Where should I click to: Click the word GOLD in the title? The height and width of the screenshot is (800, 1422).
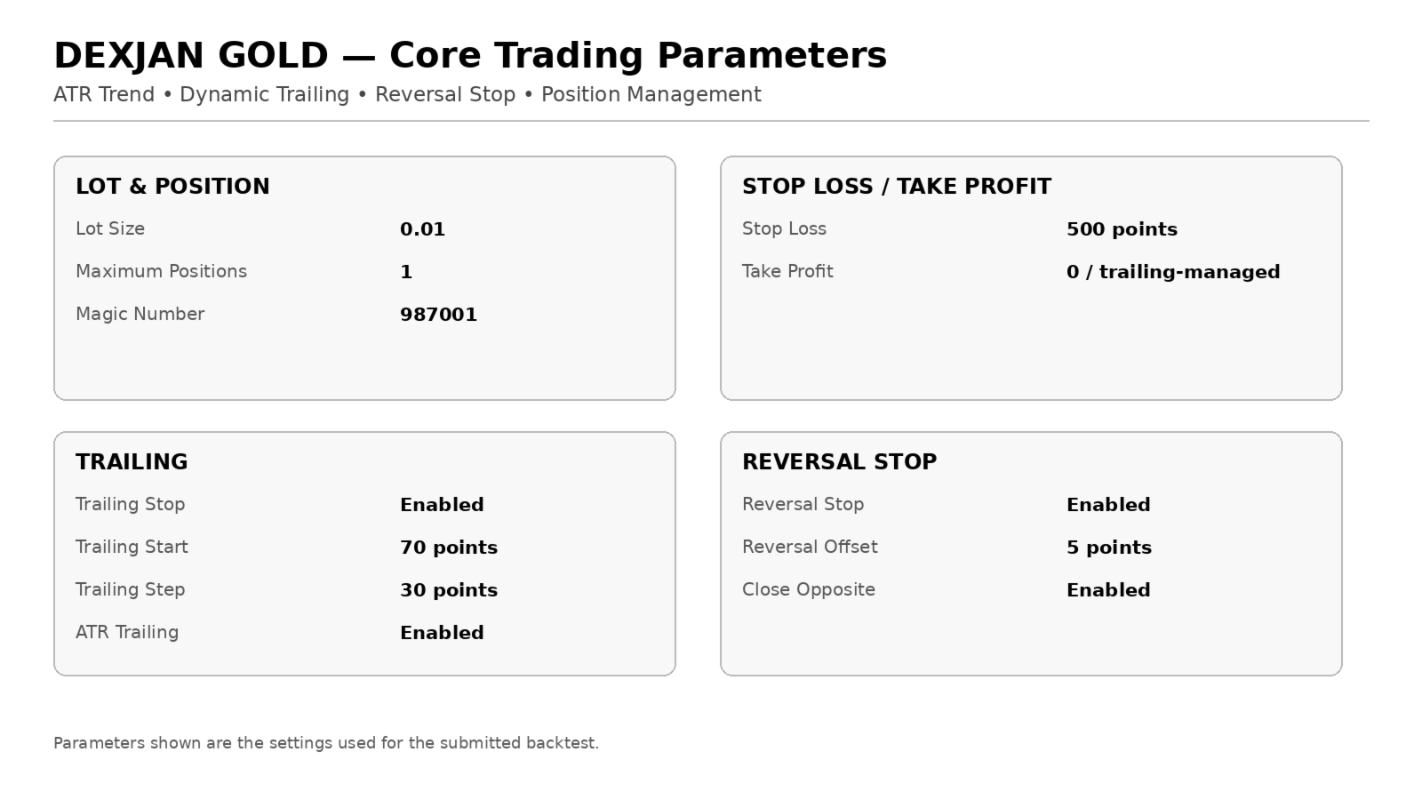[273, 55]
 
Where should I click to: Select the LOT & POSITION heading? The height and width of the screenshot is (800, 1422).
[172, 186]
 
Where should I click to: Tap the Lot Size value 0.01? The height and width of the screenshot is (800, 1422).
[422, 229]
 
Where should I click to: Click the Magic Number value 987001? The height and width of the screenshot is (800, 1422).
[438, 315]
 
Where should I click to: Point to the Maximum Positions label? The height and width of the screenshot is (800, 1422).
[161, 271]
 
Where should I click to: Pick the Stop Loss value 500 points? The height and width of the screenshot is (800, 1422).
[1122, 229]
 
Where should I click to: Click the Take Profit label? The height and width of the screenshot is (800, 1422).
[787, 271]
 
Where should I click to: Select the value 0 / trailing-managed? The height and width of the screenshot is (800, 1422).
[1173, 272]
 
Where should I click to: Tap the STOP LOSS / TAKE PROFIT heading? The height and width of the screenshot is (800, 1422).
[897, 186]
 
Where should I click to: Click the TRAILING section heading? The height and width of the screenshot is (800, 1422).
[132, 461]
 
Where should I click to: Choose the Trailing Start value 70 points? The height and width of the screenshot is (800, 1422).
[449, 548]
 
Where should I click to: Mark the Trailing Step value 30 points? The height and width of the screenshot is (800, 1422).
[449, 590]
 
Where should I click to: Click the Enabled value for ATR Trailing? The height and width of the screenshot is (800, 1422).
[442, 632]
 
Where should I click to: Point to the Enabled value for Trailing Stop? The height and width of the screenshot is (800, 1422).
[442, 505]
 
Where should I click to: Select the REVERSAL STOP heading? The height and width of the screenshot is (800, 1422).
[839, 461]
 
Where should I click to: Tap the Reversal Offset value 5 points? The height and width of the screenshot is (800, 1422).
[1109, 548]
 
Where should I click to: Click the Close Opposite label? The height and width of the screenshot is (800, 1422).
[809, 589]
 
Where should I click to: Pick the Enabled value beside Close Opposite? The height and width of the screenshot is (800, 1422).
[1108, 590]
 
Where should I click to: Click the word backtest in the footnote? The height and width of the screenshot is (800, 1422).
[563, 743]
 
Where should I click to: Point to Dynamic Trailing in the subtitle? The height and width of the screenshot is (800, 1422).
[265, 94]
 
